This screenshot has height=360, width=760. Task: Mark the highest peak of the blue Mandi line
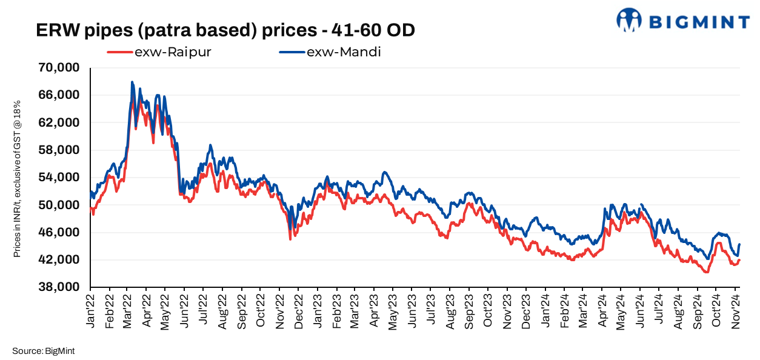point(132,82)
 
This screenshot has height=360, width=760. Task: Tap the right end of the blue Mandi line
point(740,244)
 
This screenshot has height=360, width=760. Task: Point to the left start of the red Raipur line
point(91,208)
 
